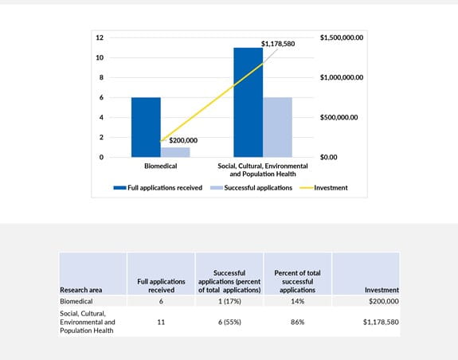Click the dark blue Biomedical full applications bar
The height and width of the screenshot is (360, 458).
[146, 127]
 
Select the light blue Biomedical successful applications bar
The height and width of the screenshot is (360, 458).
[174, 152]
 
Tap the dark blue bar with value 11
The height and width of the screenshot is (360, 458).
[248, 102]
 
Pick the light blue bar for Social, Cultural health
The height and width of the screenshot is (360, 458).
[277, 127]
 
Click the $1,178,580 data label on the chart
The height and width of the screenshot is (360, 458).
[278, 44]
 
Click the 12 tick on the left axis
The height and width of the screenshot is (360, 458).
[100, 37]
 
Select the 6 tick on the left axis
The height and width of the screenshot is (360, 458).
[102, 97]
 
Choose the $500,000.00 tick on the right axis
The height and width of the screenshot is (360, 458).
[338, 117]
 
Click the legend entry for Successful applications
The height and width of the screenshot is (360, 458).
[252, 188]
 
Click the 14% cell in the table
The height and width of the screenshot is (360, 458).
[296, 303]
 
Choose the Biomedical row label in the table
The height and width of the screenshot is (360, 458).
[80, 303]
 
